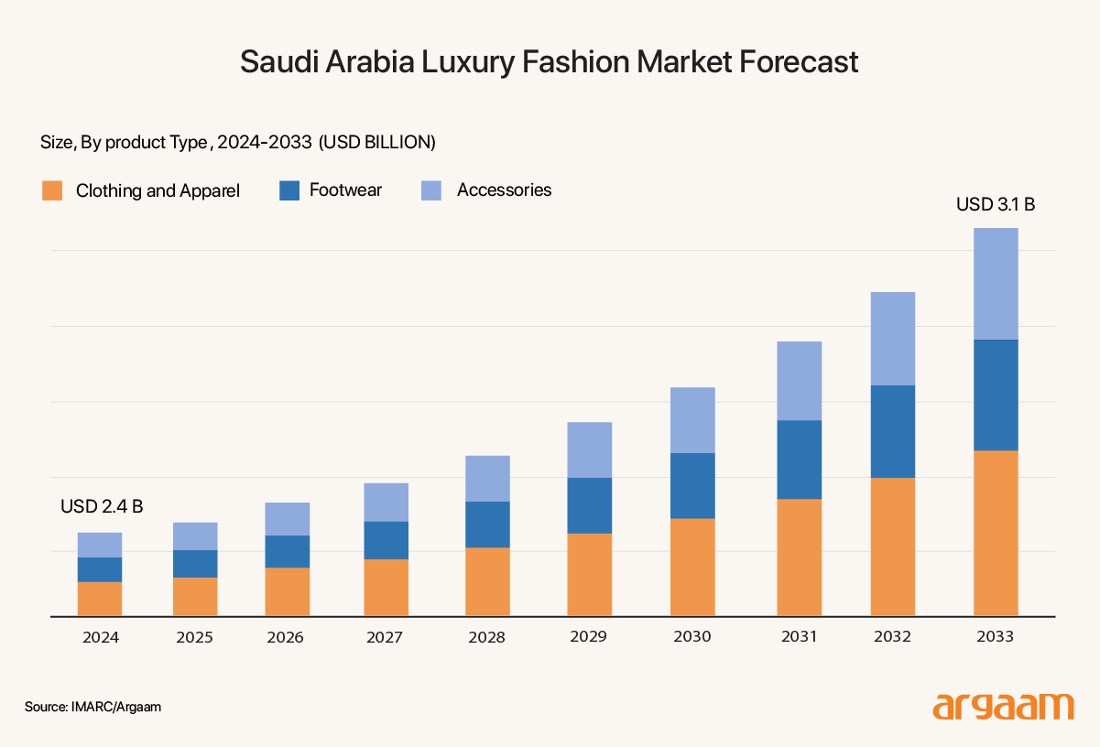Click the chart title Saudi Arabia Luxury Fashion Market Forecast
pyautogui.click(x=550, y=61)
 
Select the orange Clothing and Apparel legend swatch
pyautogui.click(x=52, y=190)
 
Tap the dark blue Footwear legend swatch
pyautogui.click(x=289, y=190)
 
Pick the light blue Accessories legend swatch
pyautogui.click(x=431, y=190)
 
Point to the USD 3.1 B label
pyautogui.click(x=996, y=204)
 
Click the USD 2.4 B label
pyautogui.click(x=102, y=506)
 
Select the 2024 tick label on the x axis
pyautogui.click(x=100, y=637)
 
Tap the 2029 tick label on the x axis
pyautogui.click(x=589, y=637)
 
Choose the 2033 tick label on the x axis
pyautogui.click(x=996, y=637)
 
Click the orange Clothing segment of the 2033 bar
pyautogui.click(x=996, y=533)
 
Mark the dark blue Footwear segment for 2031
pyautogui.click(x=799, y=460)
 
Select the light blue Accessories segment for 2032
pyautogui.click(x=893, y=339)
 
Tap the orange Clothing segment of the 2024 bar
pyautogui.click(x=100, y=599)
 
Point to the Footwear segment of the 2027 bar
pyautogui.click(x=386, y=540)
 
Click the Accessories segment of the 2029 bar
pyautogui.click(x=589, y=449)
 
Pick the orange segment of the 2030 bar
pyautogui.click(x=692, y=568)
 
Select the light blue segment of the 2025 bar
pyautogui.click(x=195, y=536)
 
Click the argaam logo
pyautogui.click(x=1003, y=707)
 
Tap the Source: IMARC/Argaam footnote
pyautogui.click(x=86, y=708)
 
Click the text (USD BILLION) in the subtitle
pyautogui.click(x=376, y=142)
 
